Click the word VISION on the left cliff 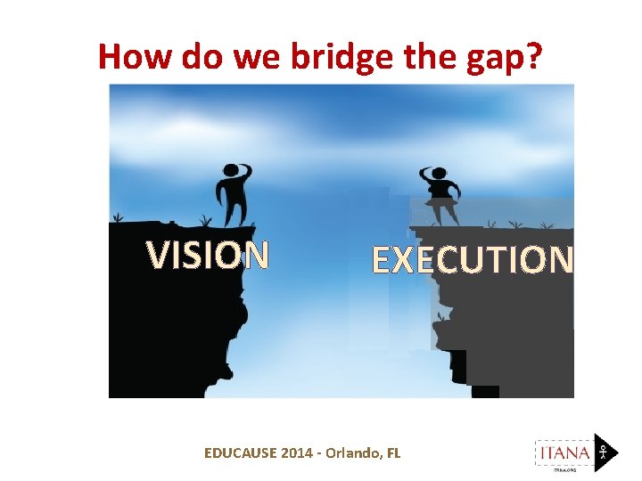(x=208, y=256)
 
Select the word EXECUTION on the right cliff (x=472, y=260)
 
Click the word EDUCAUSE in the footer (x=240, y=452)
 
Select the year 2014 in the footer (x=297, y=452)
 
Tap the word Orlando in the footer (x=350, y=452)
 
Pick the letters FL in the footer (x=393, y=452)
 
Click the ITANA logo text (x=563, y=452)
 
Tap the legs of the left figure (x=235, y=209)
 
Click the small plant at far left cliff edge (x=117, y=217)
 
